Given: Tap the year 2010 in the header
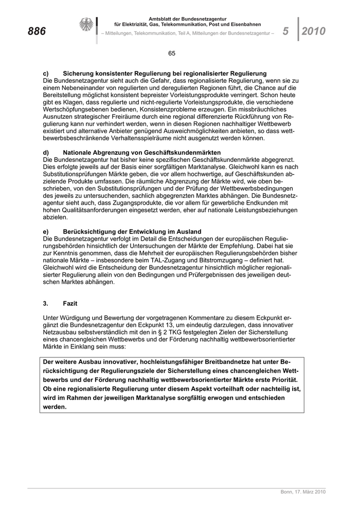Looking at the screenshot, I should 314,32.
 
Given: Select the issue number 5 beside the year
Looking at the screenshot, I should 285,32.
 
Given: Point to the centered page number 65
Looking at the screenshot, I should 172,53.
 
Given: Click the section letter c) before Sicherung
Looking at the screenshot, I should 46,74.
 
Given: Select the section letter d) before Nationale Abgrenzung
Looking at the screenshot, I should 46,153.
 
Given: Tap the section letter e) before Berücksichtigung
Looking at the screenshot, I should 46,231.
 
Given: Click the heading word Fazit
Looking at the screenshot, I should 71,304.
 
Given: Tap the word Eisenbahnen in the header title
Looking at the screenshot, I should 245,25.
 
